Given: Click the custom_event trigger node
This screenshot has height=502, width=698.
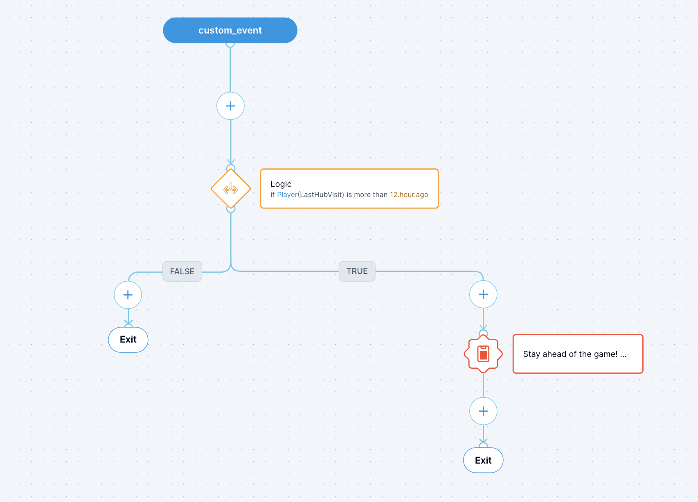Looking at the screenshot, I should coord(230,30).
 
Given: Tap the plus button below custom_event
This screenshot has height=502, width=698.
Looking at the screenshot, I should coord(230,106).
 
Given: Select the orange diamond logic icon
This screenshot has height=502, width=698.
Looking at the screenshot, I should coord(231,189).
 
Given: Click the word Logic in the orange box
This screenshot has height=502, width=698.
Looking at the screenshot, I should coord(281,184).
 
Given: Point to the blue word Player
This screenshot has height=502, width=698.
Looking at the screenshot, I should coord(287,195).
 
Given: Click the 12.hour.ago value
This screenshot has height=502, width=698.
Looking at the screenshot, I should coord(409,195).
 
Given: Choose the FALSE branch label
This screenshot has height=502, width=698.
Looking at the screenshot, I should coord(182,271).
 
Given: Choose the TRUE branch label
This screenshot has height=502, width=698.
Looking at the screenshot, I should coord(357,271).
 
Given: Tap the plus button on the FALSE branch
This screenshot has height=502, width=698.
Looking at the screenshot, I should coord(128,295).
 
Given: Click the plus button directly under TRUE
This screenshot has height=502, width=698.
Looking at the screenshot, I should coord(483,294).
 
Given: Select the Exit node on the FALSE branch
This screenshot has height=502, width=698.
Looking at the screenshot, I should coord(128,339).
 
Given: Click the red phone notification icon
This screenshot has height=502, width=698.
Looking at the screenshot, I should coord(483,354).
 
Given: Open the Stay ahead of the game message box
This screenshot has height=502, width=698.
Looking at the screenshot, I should coord(578,354).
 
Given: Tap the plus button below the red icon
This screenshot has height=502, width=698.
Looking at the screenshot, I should coord(483,411).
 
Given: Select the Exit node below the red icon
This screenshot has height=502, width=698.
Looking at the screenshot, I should coord(483,460).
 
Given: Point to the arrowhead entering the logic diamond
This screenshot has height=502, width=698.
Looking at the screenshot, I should coord(231,162).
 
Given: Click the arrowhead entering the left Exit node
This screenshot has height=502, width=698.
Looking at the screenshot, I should coord(128,323).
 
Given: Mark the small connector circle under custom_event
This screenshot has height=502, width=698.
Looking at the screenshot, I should coord(230,44).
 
